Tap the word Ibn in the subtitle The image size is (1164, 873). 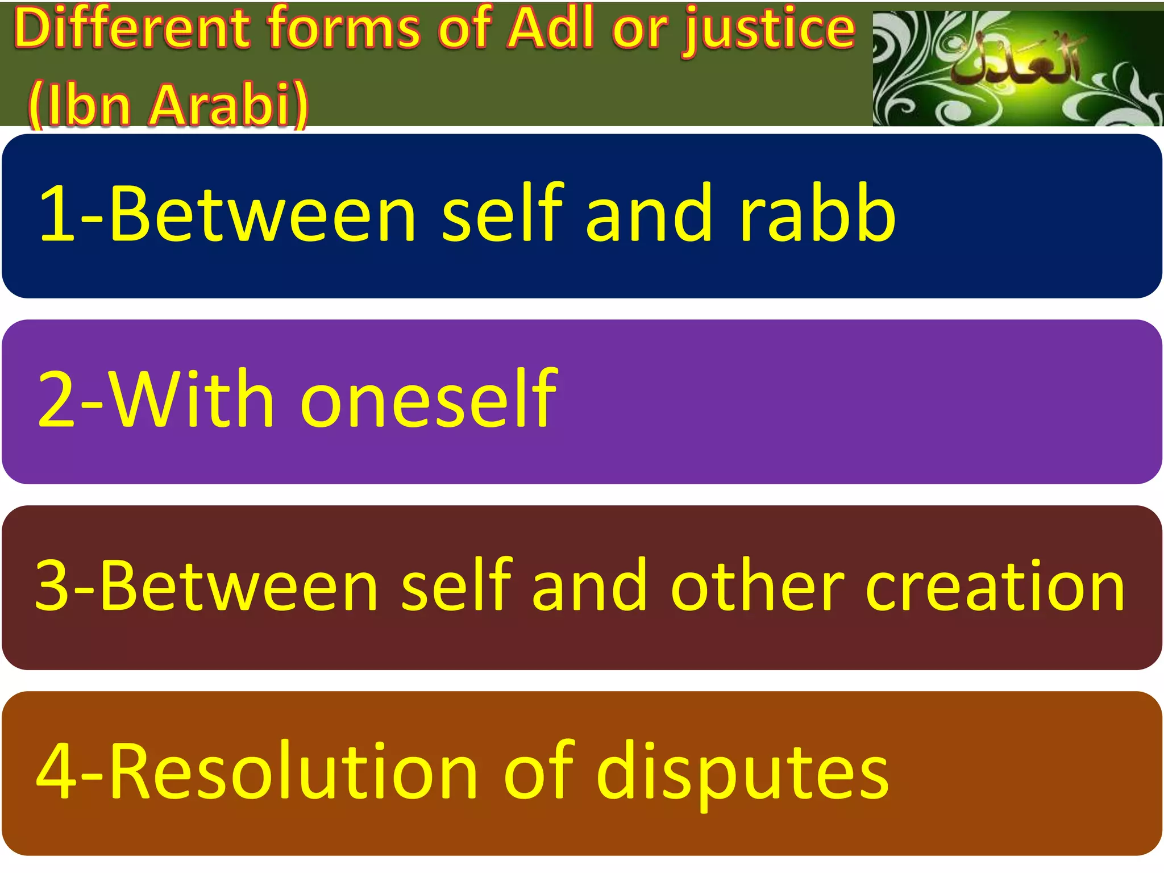coord(88,105)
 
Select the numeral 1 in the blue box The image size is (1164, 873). coord(57,214)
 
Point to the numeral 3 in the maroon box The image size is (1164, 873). coord(55,586)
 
